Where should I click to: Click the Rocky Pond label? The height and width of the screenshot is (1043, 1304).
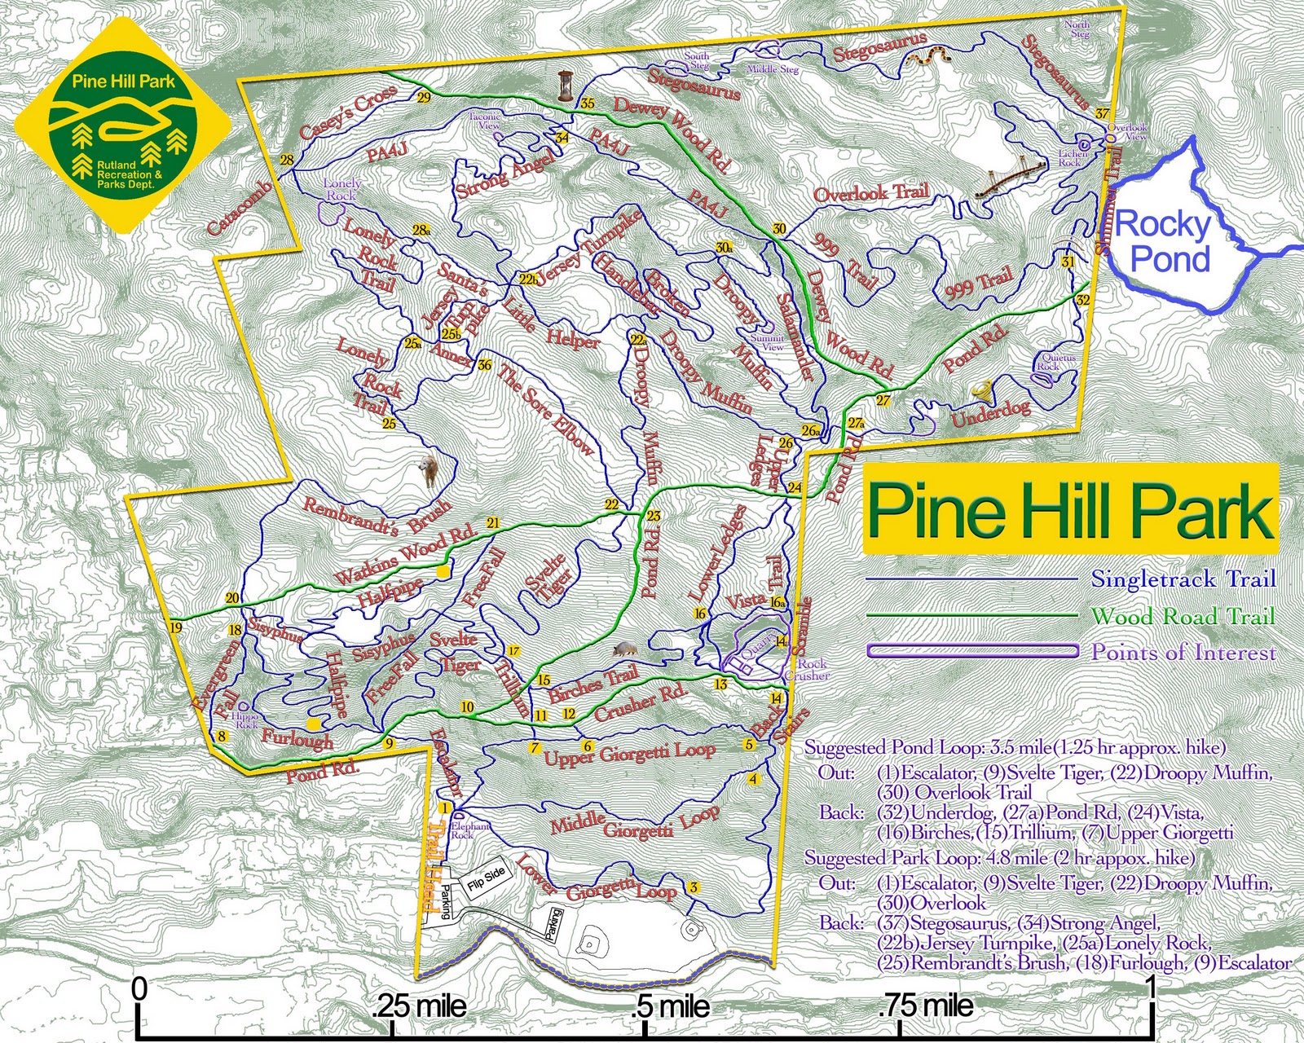tap(1163, 242)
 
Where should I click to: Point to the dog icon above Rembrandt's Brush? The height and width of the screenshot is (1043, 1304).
tap(428, 470)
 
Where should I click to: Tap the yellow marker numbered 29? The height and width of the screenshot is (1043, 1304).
tap(424, 99)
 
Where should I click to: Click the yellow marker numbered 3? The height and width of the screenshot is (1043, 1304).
tap(694, 887)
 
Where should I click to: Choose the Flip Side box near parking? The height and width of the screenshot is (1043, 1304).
tap(486, 878)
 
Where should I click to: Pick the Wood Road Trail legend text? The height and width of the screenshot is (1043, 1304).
tap(1183, 616)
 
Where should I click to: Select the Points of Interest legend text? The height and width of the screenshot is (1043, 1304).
tap(1183, 652)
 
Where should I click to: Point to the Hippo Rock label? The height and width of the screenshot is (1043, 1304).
tap(246, 721)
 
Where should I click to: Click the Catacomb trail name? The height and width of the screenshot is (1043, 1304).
tap(240, 209)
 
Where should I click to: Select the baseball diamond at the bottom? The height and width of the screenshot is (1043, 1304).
tap(588, 945)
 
